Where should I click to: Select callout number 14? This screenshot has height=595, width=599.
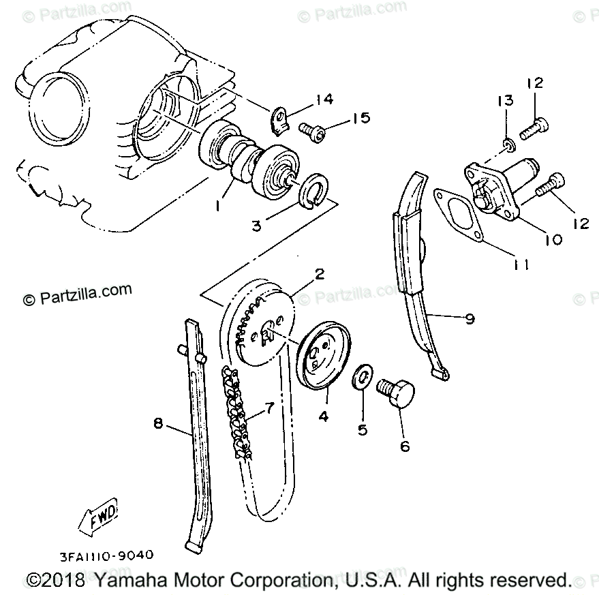tap(324, 100)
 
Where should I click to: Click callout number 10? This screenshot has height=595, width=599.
tap(552, 239)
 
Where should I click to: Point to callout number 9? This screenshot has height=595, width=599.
tap(470, 318)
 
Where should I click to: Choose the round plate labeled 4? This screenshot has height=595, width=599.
tap(324, 359)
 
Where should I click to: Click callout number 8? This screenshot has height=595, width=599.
tap(158, 424)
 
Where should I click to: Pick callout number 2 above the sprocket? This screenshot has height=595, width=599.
tap(318, 274)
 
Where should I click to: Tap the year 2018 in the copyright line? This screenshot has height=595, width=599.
tap(64, 580)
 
